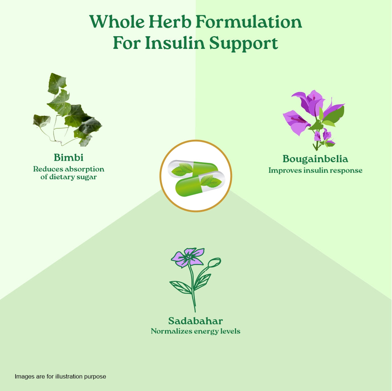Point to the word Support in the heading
tap(244, 44)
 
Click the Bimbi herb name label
tap(69, 157)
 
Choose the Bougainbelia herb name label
tap(315, 159)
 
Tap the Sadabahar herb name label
tap(195, 321)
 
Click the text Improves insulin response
tap(315, 171)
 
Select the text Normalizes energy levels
tap(195, 331)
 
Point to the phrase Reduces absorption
tap(69, 169)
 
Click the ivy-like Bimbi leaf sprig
tap(67, 110)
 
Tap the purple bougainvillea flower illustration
tap(314, 120)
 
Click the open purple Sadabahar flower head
tap(187, 257)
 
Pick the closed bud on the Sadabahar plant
tap(215, 262)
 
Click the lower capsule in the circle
tap(201, 184)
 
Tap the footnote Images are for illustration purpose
tap(60, 376)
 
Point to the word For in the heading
tap(127, 43)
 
